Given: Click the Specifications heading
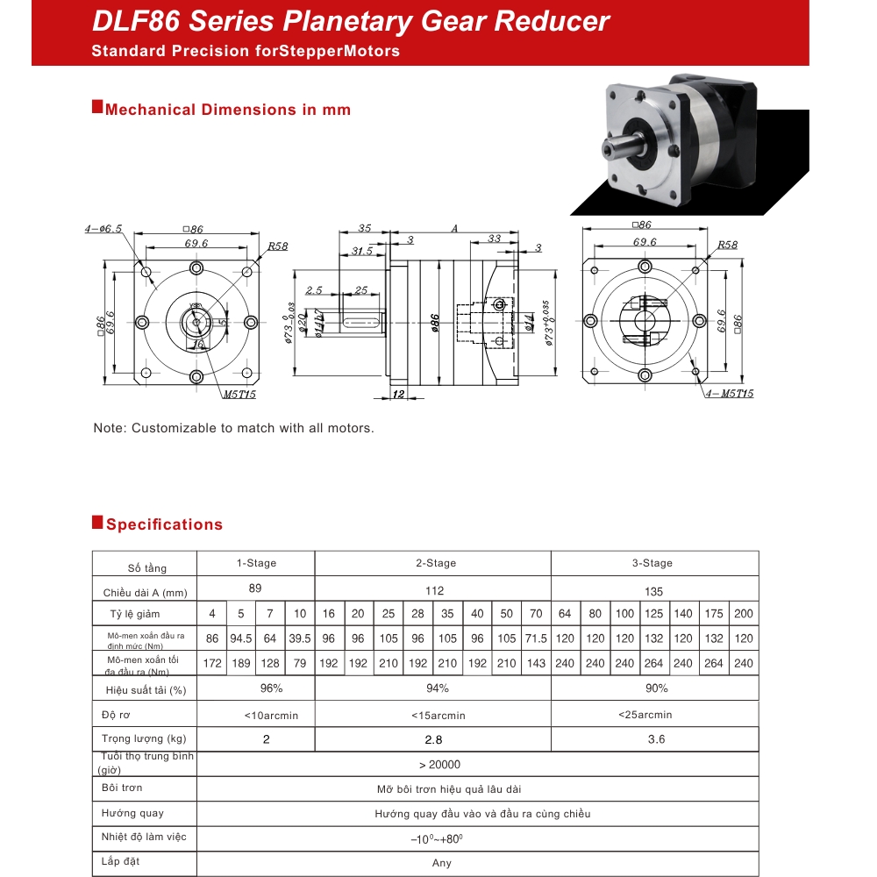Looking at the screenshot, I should click(164, 524).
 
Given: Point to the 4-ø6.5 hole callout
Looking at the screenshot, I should click(103, 229).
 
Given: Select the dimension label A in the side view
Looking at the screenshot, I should click(454, 228).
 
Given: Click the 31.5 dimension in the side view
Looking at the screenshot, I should click(361, 251).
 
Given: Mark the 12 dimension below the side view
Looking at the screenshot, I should click(399, 396).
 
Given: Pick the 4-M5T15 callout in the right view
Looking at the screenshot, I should click(729, 394).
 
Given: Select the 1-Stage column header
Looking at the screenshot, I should click(255, 563).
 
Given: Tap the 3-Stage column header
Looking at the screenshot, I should click(655, 563).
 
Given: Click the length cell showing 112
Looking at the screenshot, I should click(434, 590).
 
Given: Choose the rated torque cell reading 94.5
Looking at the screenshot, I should click(240, 638).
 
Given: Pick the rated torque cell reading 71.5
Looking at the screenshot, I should click(536, 638).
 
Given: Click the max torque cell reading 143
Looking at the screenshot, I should click(536, 663).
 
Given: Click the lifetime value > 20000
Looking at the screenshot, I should click(439, 765).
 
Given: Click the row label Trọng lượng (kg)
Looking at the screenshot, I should click(144, 738).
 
